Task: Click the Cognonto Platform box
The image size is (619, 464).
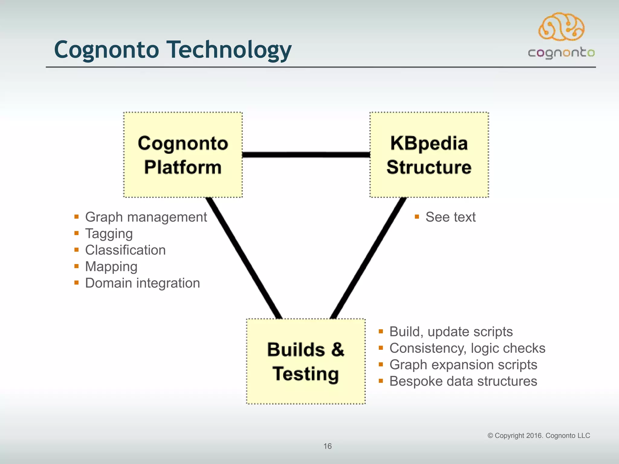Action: pos(183,155)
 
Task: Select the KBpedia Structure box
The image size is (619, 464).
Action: pos(429,155)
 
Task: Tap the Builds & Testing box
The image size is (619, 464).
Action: pos(306,361)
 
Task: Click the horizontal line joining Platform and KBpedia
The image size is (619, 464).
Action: pos(306,155)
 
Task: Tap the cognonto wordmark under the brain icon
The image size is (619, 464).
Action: pos(561,53)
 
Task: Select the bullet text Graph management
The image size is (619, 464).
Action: pos(146,217)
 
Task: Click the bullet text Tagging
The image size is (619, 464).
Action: pos(109,234)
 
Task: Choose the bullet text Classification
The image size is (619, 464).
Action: pos(125,250)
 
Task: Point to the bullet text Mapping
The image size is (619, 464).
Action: pos(111,266)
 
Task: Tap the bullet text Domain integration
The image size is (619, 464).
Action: pos(143,283)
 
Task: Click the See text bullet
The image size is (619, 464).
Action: pos(450,217)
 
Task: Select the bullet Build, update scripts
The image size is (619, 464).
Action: pos(451,332)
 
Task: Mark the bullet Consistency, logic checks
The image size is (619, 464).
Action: pos(467,348)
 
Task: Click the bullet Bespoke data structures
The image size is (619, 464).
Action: pos(463,381)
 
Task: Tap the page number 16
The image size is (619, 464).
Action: pos(327,446)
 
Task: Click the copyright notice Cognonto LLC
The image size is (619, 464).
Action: pos(539,436)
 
